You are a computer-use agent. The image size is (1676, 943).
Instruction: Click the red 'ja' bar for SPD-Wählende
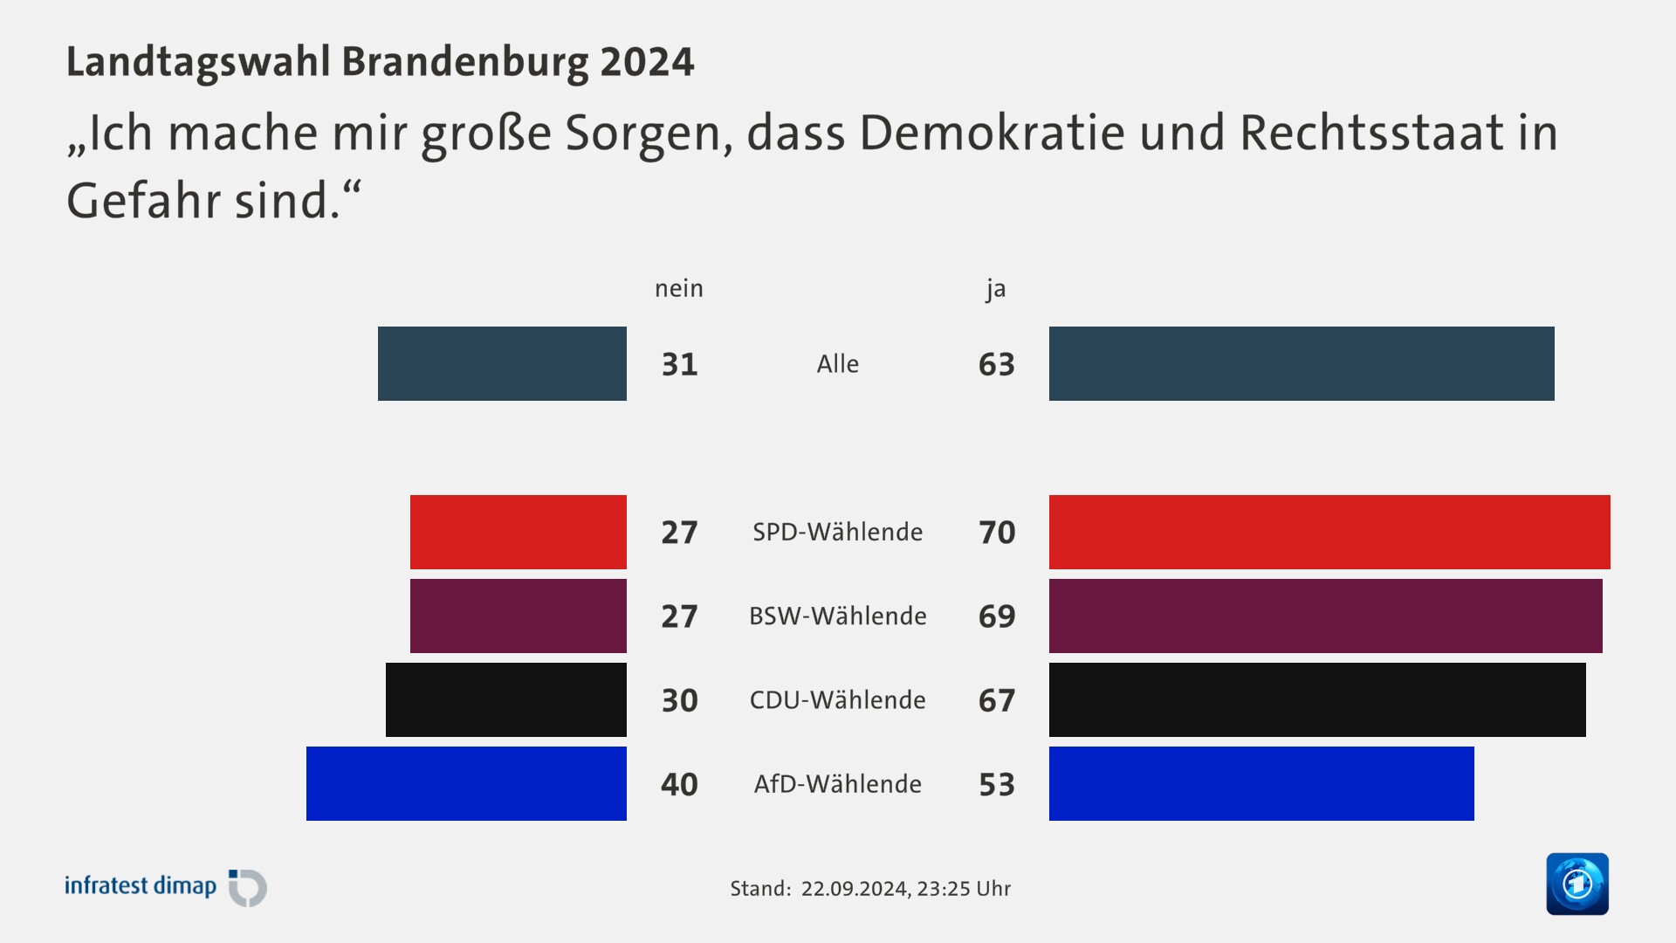(1329, 532)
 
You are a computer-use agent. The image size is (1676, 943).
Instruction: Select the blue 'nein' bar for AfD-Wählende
(466, 783)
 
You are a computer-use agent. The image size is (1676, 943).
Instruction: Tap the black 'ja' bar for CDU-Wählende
(1316, 699)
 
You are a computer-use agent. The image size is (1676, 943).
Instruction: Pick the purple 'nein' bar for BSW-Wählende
(518, 616)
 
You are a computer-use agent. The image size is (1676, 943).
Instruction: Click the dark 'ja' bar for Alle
(1301, 363)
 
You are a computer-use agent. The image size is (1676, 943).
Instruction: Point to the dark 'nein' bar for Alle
(502, 363)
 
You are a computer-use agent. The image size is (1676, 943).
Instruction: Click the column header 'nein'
(678, 288)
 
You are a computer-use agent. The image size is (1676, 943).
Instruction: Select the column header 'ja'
(995, 288)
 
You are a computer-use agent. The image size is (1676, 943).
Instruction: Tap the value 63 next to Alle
(996, 364)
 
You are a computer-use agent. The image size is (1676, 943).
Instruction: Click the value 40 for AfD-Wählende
(679, 784)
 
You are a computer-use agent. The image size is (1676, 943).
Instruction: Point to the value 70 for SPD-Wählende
(996, 533)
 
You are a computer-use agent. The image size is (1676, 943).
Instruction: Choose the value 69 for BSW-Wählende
(996, 616)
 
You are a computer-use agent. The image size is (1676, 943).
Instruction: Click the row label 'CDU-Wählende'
(837, 699)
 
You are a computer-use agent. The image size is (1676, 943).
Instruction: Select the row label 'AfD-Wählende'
(837, 783)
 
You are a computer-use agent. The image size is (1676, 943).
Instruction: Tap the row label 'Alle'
(837, 363)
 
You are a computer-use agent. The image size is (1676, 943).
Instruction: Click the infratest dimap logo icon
(248, 888)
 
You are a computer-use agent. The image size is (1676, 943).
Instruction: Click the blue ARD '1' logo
(1576, 884)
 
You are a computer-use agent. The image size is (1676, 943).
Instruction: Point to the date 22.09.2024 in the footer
(854, 889)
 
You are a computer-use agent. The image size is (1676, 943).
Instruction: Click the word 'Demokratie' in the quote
(992, 133)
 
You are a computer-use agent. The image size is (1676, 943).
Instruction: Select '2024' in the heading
(646, 62)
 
